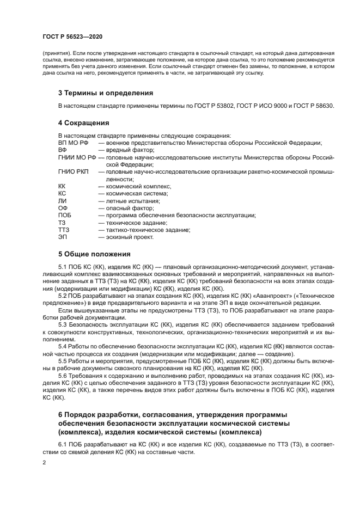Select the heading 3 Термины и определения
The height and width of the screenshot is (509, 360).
click(106, 93)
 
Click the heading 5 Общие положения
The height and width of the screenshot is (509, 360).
click(94, 254)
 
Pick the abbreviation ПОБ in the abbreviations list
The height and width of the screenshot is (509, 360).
click(65, 215)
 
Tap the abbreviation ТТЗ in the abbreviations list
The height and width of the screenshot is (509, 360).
click(64, 230)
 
